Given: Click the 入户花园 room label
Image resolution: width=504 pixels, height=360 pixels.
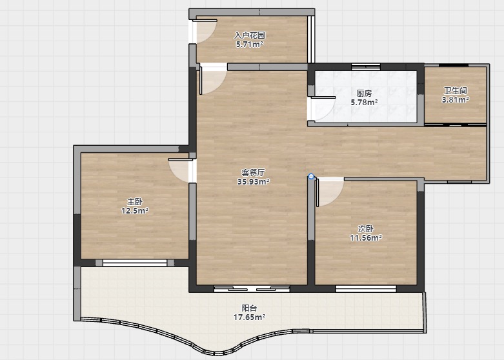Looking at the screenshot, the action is click(250, 35).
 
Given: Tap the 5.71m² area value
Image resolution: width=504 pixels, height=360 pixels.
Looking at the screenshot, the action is click(250, 45).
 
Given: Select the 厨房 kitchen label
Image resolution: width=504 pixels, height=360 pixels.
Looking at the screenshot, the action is click(364, 93).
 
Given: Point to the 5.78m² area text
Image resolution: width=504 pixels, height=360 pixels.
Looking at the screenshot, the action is click(364, 103).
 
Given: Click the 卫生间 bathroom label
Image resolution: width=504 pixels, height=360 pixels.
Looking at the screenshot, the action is click(456, 90).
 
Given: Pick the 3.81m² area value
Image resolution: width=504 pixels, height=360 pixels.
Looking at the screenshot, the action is click(456, 99).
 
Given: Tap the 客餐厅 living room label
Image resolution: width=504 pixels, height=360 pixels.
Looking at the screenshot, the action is click(253, 173).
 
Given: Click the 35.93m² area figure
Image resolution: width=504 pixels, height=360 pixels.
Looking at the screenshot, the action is click(253, 181).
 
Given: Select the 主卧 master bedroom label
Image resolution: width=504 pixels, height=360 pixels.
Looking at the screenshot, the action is click(135, 202).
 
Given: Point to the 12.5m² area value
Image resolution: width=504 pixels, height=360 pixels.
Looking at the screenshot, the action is click(135, 211).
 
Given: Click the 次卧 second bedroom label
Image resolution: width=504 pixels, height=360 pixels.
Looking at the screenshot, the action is click(366, 229).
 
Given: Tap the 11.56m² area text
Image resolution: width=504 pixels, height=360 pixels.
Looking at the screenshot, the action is click(366, 238).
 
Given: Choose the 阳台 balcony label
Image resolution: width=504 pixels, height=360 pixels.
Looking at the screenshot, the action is click(249, 308).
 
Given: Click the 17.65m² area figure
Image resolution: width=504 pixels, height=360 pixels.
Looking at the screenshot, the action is click(249, 317).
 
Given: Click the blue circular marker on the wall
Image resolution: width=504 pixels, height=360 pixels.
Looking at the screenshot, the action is click(311, 177).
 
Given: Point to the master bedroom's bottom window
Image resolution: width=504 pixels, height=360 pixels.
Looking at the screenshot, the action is click(135, 263).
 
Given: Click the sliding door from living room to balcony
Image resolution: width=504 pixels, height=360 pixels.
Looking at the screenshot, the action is click(252, 288).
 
